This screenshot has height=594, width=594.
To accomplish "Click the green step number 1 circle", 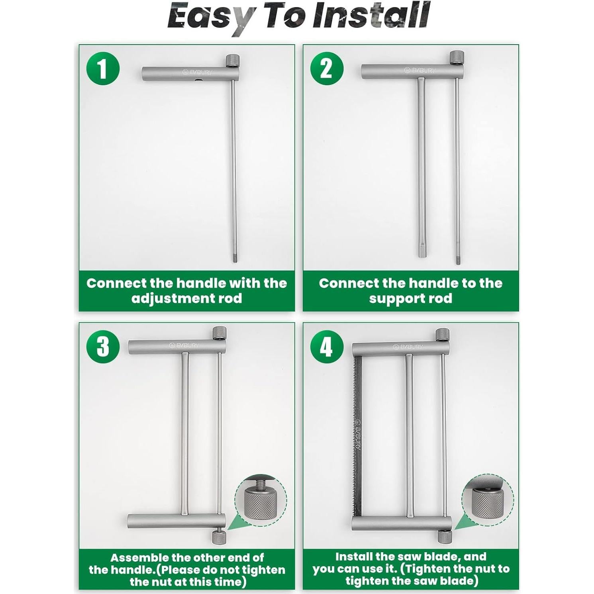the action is click(103, 68).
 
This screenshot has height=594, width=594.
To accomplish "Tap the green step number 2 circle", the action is click(327, 68).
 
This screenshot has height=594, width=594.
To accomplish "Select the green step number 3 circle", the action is click(103, 346).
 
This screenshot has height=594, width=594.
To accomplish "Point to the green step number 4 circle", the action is click(327, 346).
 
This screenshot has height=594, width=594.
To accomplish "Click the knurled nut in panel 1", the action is click(233, 61).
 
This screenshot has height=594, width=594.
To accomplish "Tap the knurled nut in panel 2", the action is click(457, 57).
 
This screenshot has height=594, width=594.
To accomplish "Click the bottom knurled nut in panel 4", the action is click(445, 536).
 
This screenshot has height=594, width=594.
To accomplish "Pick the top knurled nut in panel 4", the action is click(442, 335).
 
